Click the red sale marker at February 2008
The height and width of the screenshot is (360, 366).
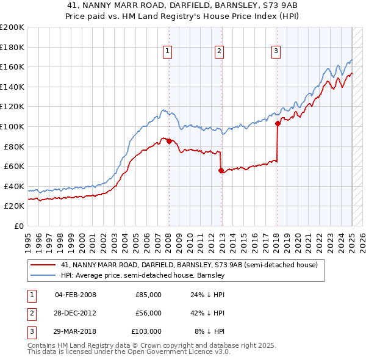point(168,142)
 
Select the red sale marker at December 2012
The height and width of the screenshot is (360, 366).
point(221,171)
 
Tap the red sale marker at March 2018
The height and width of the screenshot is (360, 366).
point(278,123)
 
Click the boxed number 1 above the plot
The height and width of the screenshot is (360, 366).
point(167,51)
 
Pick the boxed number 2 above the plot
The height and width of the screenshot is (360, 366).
point(218,51)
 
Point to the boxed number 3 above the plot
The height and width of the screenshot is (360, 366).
point(276,51)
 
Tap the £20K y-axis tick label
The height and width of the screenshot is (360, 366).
point(14,206)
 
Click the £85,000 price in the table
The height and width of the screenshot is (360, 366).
point(148,295)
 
